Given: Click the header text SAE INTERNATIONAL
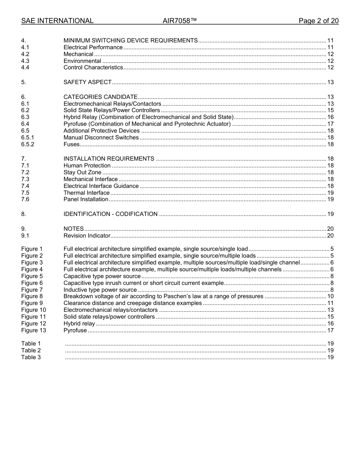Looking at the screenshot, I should point(57,21).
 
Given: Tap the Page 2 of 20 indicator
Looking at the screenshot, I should point(318,21).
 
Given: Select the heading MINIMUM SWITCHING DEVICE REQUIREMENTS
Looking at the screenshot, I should point(130,41).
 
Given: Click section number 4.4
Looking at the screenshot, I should point(25,67).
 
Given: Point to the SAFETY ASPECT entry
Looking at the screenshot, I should point(88,82).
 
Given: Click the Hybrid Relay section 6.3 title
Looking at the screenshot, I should point(148,117).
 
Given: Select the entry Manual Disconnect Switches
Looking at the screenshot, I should point(101,138).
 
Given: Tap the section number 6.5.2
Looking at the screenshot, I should point(28,144).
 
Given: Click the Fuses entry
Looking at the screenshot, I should point(72,144).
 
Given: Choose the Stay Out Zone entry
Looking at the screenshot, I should point(82,172).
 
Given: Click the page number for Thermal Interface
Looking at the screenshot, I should point(330,193).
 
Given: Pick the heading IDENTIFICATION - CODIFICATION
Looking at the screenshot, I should point(110,214).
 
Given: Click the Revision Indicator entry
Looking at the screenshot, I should point(87,236).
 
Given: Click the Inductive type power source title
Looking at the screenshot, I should point(100,290).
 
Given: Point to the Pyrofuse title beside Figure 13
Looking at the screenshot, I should point(75,330).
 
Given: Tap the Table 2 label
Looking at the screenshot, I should point(31,350).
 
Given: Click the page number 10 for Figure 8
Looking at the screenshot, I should point(330,296).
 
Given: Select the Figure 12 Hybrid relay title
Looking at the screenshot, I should point(79,324).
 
